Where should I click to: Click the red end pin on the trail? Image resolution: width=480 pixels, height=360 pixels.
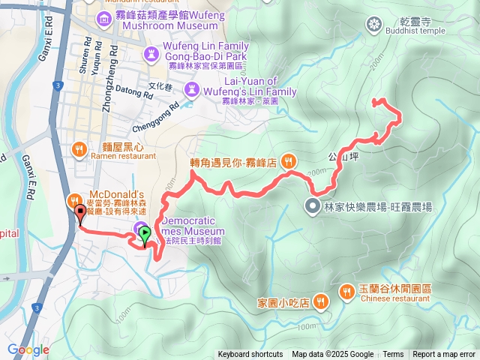tap(80, 214)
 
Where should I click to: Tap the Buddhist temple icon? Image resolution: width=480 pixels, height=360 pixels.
tap(373, 25)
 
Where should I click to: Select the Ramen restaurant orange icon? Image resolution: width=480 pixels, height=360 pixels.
tap(79, 149)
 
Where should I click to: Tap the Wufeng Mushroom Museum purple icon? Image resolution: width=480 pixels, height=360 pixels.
tap(102, 16)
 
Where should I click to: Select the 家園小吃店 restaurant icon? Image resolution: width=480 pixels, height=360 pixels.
tap(321, 301)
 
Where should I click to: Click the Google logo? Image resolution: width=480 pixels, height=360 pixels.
tap(28, 349)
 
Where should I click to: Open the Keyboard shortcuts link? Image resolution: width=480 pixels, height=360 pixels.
tap(250, 355)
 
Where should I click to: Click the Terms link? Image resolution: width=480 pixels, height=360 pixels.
tap(393, 355)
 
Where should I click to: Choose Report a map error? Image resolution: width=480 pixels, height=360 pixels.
tap(444, 355)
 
